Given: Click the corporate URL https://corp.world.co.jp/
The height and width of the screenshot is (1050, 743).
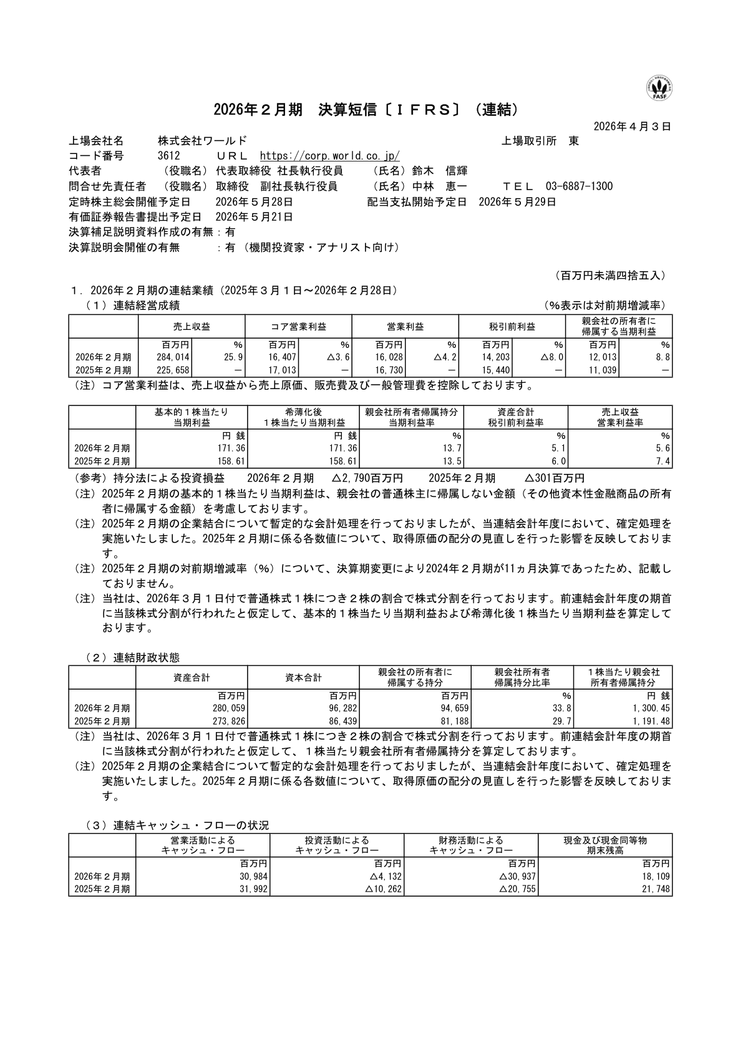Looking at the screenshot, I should [329, 157].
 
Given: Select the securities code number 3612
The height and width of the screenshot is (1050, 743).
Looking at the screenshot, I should [169, 157].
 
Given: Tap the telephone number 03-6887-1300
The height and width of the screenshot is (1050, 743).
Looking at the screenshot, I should [579, 186].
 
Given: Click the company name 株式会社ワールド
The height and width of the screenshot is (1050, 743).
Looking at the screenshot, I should [203, 142].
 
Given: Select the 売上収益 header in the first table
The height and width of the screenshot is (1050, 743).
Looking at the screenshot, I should [192, 326].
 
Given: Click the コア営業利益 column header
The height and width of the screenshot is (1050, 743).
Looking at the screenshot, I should [298, 326].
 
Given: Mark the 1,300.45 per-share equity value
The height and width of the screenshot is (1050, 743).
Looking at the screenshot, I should [651, 708].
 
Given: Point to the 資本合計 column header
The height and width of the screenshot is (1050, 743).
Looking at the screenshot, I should [303, 677].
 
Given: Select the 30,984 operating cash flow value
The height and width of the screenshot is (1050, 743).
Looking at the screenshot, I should [253, 877].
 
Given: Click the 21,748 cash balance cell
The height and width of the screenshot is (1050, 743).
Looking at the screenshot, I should [656, 890].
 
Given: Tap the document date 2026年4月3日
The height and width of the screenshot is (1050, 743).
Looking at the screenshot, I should [632, 127].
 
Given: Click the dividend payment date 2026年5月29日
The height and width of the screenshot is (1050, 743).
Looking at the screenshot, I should [517, 202].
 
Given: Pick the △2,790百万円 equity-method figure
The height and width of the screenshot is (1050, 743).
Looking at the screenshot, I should [367, 478].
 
